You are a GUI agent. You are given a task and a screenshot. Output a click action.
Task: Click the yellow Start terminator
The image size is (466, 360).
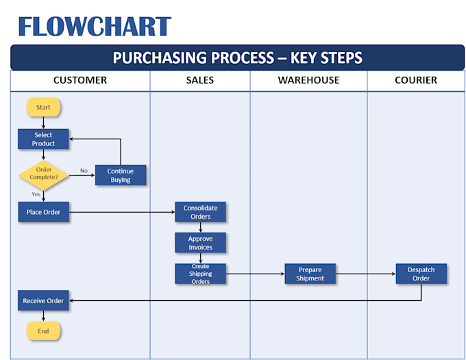coord(43,108)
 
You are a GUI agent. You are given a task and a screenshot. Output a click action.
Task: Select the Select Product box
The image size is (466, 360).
coord(43,139)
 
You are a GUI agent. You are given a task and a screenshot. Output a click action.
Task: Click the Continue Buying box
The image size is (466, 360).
coord(121,176)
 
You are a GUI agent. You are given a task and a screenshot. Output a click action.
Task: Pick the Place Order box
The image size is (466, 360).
coord(43,212)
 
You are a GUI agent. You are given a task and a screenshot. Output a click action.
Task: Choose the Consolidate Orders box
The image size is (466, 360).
coord(200,213)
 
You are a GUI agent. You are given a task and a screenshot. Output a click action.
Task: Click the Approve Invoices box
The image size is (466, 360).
coord(200,243)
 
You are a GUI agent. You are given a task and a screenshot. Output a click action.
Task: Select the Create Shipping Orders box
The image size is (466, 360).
coord(200,274)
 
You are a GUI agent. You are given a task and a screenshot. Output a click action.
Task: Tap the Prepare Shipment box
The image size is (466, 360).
coord(310,274)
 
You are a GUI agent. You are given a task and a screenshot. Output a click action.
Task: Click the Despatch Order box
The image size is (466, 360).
coord(421,274)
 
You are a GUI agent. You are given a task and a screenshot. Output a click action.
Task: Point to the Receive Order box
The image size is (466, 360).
coord(43,300)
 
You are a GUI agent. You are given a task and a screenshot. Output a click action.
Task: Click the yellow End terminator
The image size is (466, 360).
coord(43,331)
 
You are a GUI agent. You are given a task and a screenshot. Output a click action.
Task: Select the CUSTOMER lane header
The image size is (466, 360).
coord(80,80)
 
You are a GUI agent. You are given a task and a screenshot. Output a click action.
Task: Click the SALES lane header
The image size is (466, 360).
coord(200,80)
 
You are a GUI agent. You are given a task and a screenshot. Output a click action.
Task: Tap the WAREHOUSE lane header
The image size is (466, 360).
coord(308,80)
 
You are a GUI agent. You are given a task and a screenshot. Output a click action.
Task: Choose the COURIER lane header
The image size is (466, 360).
coord(416,80)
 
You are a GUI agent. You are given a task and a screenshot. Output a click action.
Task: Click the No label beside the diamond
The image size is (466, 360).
coord(84,171)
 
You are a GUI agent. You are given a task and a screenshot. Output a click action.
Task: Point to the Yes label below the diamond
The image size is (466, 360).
coord(36,194)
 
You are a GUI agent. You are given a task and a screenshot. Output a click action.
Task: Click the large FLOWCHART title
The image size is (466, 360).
coord(95,26)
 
